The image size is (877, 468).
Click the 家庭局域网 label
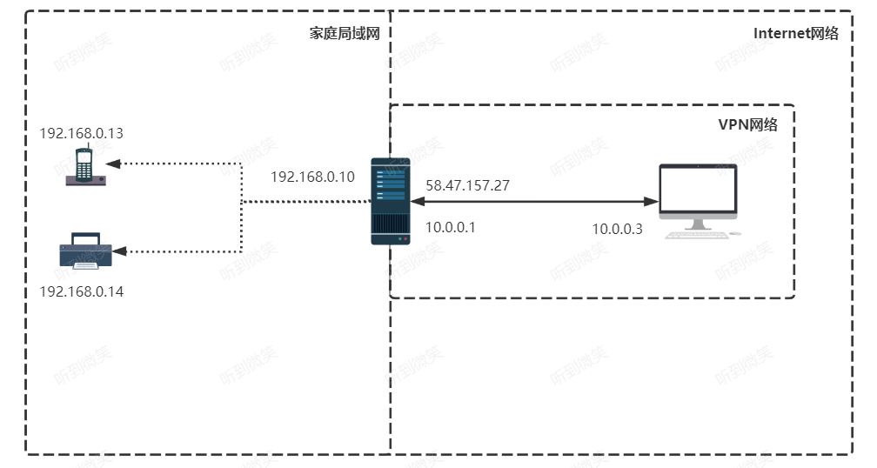(x=345, y=33)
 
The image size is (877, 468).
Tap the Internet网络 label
(x=796, y=33)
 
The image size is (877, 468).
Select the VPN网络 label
(x=748, y=124)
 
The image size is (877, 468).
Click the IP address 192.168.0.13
(x=81, y=133)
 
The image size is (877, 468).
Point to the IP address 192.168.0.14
(x=81, y=291)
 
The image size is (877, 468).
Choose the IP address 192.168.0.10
(x=312, y=177)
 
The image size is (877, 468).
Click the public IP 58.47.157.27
(x=467, y=185)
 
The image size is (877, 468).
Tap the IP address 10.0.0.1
(x=451, y=227)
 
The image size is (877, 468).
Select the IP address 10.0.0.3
(x=618, y=229)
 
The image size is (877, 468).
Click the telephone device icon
(x=85, y=166)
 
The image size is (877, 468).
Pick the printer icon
(x=85, y=251)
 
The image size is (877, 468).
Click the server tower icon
(x=391, y=201)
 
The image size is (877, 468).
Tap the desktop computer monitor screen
(x=698, y=188)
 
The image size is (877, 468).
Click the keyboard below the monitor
(x=697, y=236)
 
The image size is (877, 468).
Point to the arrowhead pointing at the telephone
(x=113, y=164)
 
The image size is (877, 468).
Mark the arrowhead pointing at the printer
(x=120, y=251)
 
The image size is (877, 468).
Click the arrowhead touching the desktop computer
(x=652, y=201)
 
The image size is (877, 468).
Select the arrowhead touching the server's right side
(x=418, y=201)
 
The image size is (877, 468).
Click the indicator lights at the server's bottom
(x=402, y=238)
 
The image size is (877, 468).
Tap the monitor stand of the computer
(x=698, y=224)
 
